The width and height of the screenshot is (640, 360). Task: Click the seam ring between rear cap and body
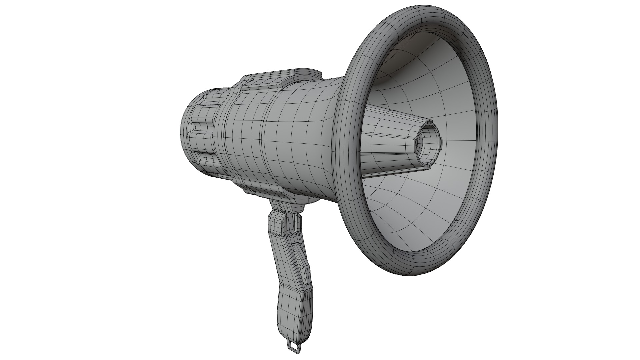(x=220, y=140)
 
